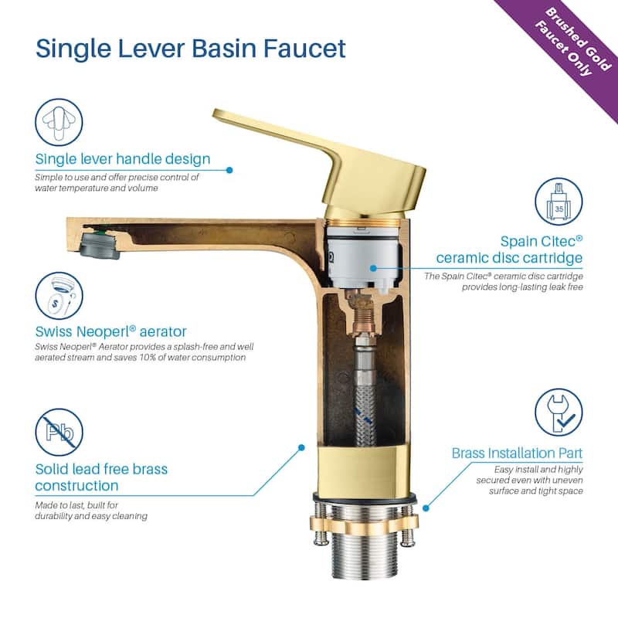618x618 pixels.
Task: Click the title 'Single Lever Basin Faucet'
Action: pyautogui.click(x=191, y=49)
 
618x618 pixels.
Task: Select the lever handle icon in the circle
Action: pyautogui.click(x=59, y=122)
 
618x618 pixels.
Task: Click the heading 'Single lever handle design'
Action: pyautogui.click(x=123, y=159)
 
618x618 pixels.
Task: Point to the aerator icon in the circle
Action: pyautogui.click(x=59, y=296)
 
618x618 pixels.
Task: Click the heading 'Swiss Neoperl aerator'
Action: pyautogui.click(x=110, y=331)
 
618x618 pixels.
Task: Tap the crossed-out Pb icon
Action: pyautogui.click(x=59, y=432)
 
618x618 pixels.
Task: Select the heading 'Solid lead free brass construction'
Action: pyautogui.click(x=101, y=477)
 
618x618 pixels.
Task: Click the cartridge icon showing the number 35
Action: pyautogui.click(x=559, y=202)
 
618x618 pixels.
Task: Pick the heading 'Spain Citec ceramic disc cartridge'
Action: pyautogui.click(x=509, y=250)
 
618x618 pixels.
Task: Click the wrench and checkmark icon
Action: pyautogui.click(x=559, y=413)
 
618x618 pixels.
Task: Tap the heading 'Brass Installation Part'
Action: pyautogui.click(x=517, y=453)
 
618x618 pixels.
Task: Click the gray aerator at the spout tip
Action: pyautogui.click(x=100, y=246)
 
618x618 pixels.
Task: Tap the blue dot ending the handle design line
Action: pyautogui.click(x=229, y=170)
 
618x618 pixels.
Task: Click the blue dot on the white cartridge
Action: pyautogui.click(x=373, y=268)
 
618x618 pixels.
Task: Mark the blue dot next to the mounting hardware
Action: pyautogui.click(x=426, y=508)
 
